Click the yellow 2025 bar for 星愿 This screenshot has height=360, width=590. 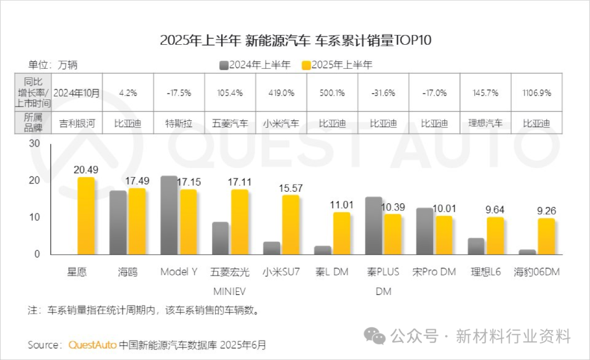pyautogui.click(x=86, y=216)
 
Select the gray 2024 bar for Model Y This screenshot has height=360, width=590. pyautogui.click(x=169, y=215)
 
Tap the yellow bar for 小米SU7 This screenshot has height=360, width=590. pyautogui.click(x=291, y=225)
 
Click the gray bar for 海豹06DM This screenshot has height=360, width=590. pyautogui.click(x=527, y=252)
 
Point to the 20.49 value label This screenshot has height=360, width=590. pyautogui.click(x=85, y=170)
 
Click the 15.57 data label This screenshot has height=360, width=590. pyautogui.click(x=290, y=188)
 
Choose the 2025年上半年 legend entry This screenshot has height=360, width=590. pyautogui.click(x=338, y=65)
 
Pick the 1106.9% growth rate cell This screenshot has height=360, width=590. pyautogui.click(x=535, y=93)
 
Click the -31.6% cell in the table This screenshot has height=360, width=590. pyautogui.click(x=383, y=93)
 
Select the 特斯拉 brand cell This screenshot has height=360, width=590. pyautogui.click(x=179, y=123)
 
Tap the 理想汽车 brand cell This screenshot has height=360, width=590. pyautogui.click(x=485, y=123)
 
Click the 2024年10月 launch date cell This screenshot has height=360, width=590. pyautogui.click(x=77, y=93)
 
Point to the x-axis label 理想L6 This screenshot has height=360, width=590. pyautogui.click(x=485, y=272)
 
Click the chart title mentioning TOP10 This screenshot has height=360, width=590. pyautogui.click(x=296, y=40)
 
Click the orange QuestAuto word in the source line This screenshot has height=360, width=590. pyautogui.click(x=92, y=345)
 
